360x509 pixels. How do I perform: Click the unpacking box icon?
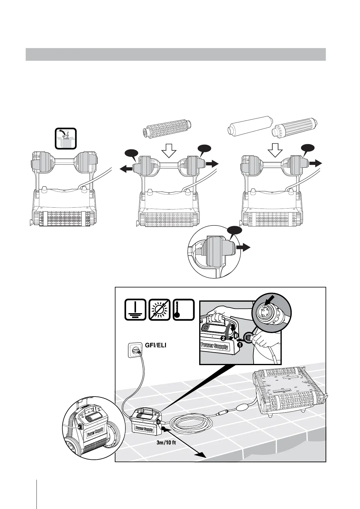[x=66, y=139]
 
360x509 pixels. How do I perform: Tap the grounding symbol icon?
[x=135, y=310]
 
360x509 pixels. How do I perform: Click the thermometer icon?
[x=183, y=310]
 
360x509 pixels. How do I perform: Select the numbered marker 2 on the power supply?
[x=223, y=338]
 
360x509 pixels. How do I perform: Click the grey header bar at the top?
[x=175, y=54]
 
